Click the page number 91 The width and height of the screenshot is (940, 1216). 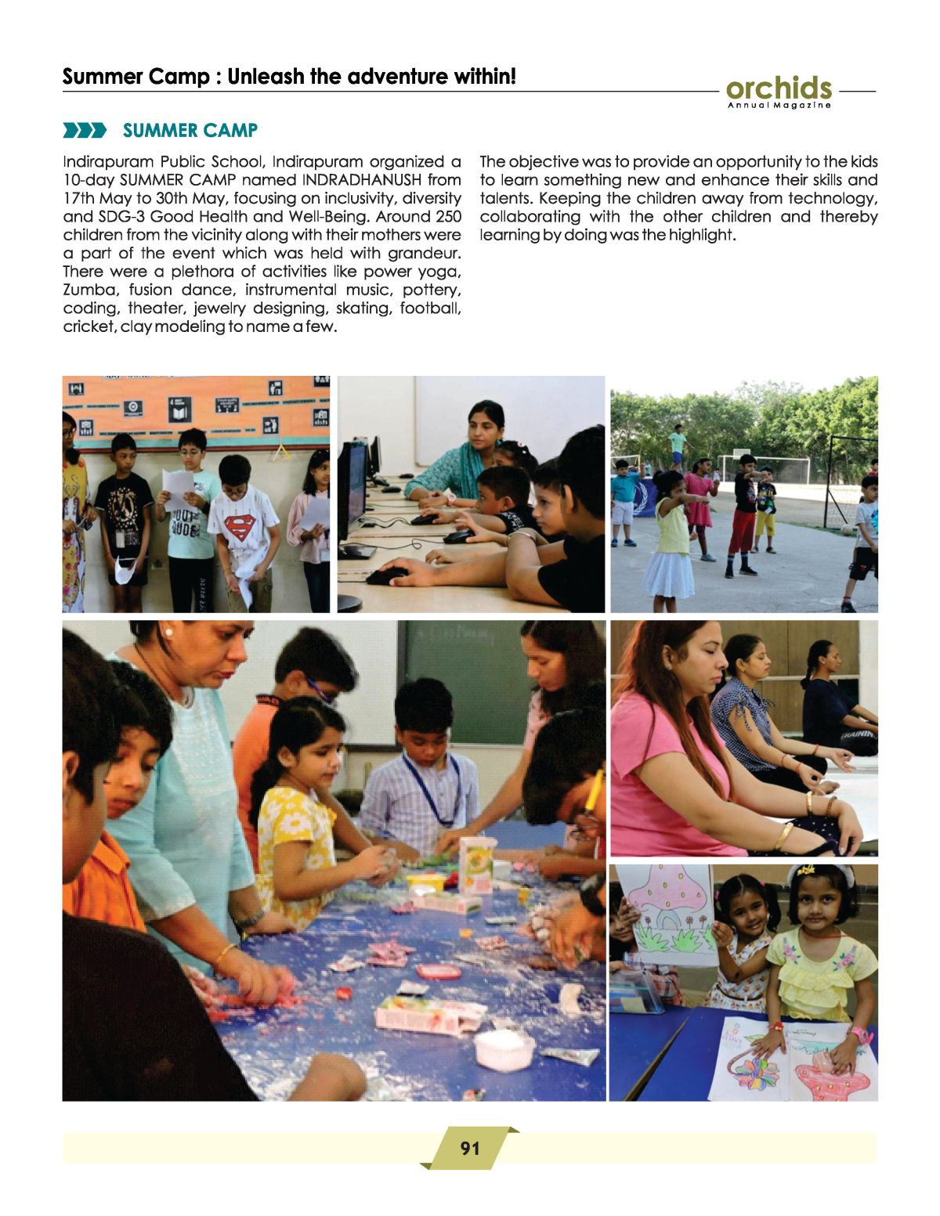[x=470, y=1148]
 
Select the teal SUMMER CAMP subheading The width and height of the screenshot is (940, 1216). [x=190, y=130]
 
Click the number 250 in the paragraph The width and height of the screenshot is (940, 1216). [x=446, y=217]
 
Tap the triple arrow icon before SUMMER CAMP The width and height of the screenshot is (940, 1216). [x=84, y=130]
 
